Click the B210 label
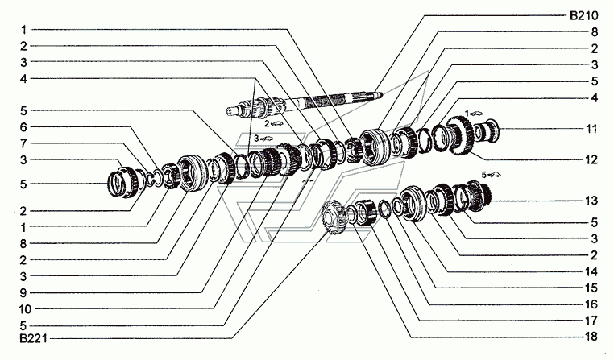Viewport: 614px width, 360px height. [583, 15]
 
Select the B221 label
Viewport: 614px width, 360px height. [33, 338]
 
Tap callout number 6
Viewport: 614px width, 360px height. [24, 127]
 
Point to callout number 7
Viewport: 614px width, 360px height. [24, 143]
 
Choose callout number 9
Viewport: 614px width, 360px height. [23, 292]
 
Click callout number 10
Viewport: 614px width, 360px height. [25, 309]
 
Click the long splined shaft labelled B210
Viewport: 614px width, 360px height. [304, 103]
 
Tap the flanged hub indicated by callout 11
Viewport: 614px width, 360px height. [487, 131]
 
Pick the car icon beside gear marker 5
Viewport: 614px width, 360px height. [495, 175]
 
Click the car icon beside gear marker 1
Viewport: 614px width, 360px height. [476, 113]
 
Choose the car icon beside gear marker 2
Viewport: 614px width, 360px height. [276, 124]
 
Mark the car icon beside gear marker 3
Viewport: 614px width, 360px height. [266, 139]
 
